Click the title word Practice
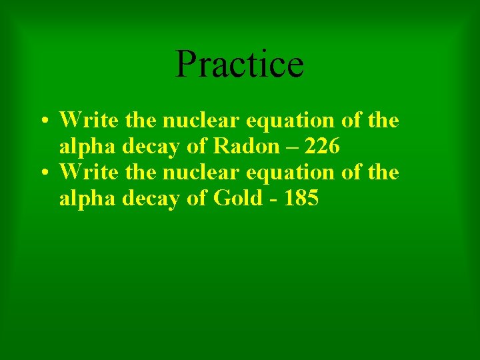tap(239, 64)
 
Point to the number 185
tap(301, 198)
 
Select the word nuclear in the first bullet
tap(202, 121)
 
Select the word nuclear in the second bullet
tap(202, 172)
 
